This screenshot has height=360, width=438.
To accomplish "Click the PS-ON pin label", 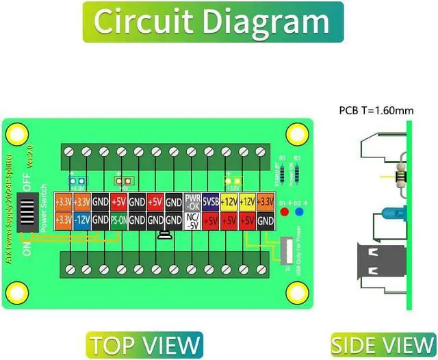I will coord(118,220).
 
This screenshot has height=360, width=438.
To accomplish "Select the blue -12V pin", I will coord(81,220).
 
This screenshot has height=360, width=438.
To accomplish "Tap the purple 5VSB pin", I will coord(211,202).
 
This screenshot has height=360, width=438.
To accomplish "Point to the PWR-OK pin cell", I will coord(192,202).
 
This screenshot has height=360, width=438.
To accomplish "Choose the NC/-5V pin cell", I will coord(192,220).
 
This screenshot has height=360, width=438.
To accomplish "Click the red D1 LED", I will coord(285,211).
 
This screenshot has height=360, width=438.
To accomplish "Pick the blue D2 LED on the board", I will coord(298,211).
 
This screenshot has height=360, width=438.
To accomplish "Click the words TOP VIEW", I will coord(144,344).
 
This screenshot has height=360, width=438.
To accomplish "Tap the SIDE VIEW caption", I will coord(383,344).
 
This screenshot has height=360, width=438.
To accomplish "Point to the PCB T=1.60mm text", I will coord(376,110).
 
